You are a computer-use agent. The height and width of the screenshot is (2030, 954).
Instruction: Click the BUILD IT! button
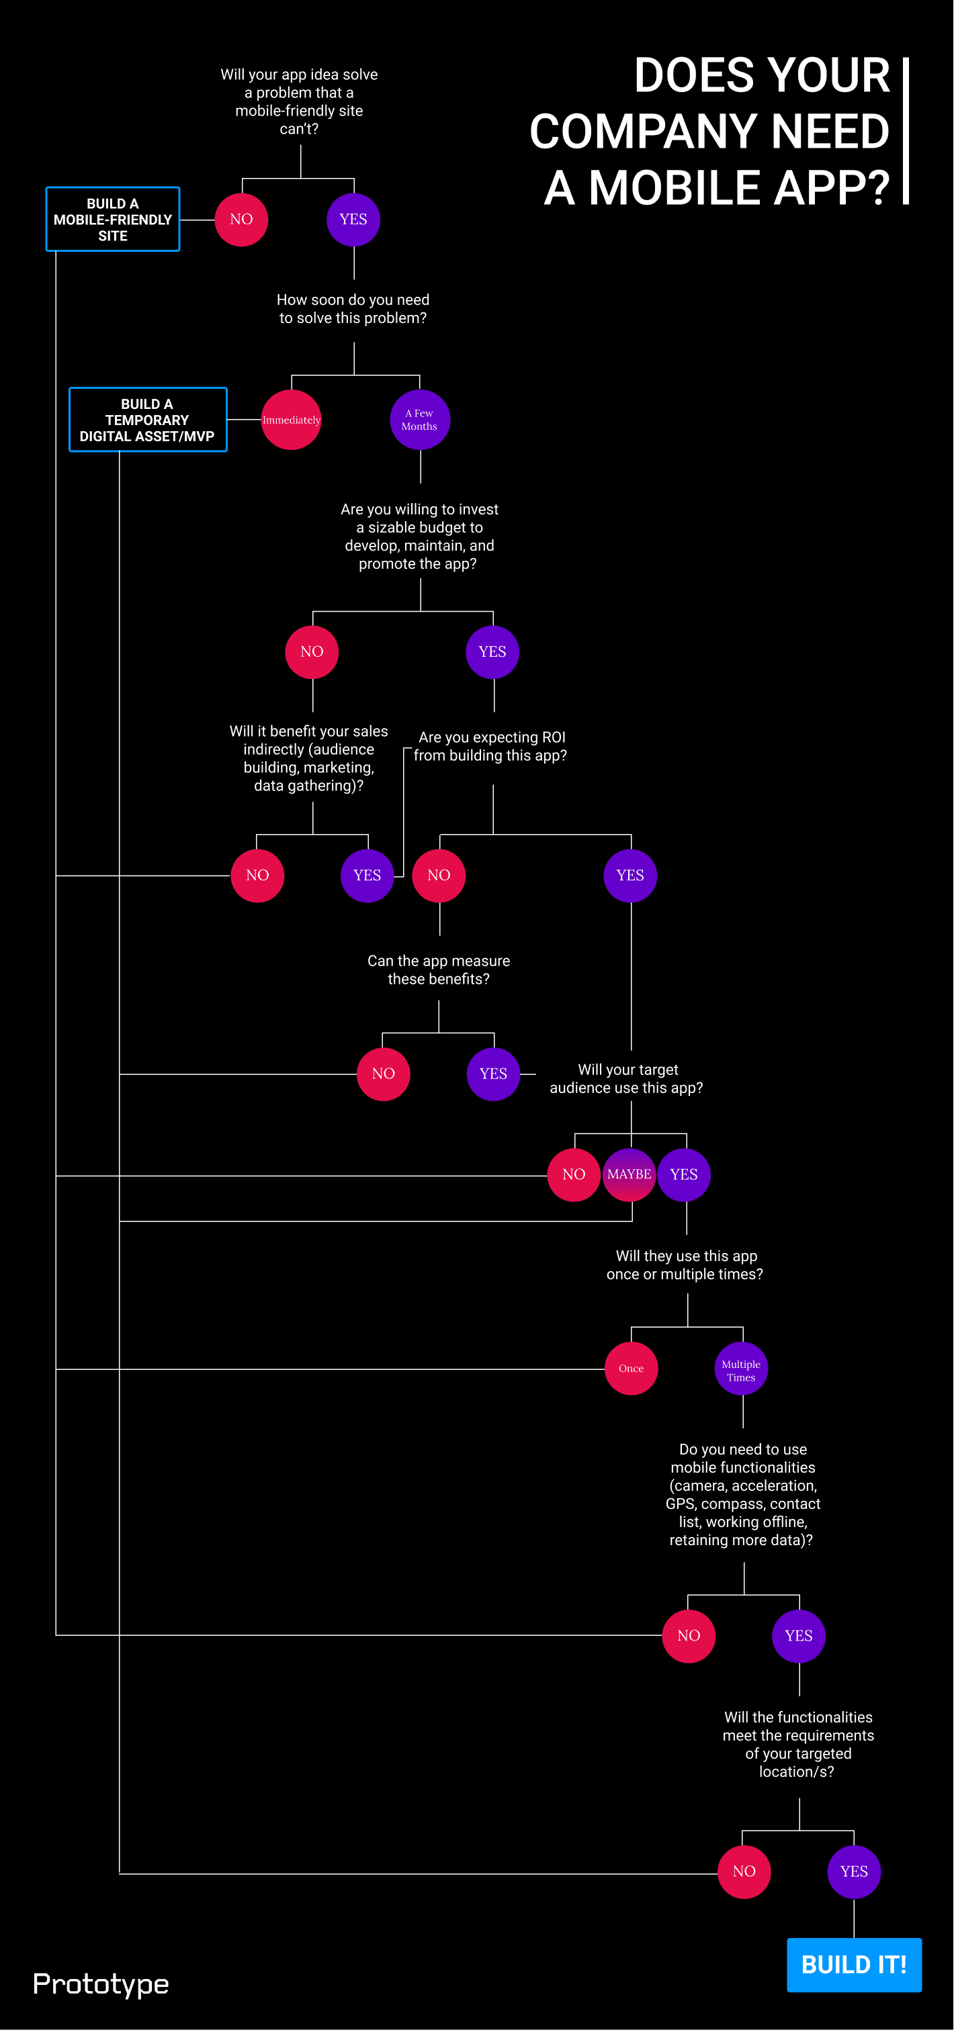tap(854, 1965)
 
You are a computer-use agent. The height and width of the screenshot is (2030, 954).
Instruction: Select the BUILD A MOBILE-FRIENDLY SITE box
tap(113, 220)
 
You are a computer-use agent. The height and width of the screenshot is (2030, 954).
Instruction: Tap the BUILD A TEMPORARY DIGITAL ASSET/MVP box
tap(147, 420)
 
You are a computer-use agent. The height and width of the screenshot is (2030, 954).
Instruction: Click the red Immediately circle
tap(291, 420)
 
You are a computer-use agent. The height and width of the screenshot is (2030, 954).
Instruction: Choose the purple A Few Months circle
tap(419, 420)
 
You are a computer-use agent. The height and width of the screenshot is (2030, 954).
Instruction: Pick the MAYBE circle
tap(629, 1174)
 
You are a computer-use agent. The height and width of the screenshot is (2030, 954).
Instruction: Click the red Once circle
tap(631, 1369)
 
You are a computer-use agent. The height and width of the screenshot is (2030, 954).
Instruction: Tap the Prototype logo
tap(101, 1984)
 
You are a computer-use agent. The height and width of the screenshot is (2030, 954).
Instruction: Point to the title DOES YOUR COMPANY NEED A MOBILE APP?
tap(709, 132)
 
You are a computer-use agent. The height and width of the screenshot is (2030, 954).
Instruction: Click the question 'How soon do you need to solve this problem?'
tap(353, 309)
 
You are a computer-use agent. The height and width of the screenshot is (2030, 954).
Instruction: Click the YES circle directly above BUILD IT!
tap(854, 1872)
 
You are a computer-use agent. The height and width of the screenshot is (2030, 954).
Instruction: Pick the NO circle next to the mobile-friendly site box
tap(241, 220)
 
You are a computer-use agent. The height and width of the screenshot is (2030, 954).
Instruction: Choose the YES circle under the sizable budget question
tap(492, 652)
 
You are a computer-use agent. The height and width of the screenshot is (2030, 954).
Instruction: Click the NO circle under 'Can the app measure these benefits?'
tap(383, 1074)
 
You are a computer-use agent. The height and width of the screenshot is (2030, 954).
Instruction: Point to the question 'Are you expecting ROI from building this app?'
tap(490, 746)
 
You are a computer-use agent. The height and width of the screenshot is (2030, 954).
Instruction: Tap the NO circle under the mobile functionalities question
tap(689, 1636)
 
